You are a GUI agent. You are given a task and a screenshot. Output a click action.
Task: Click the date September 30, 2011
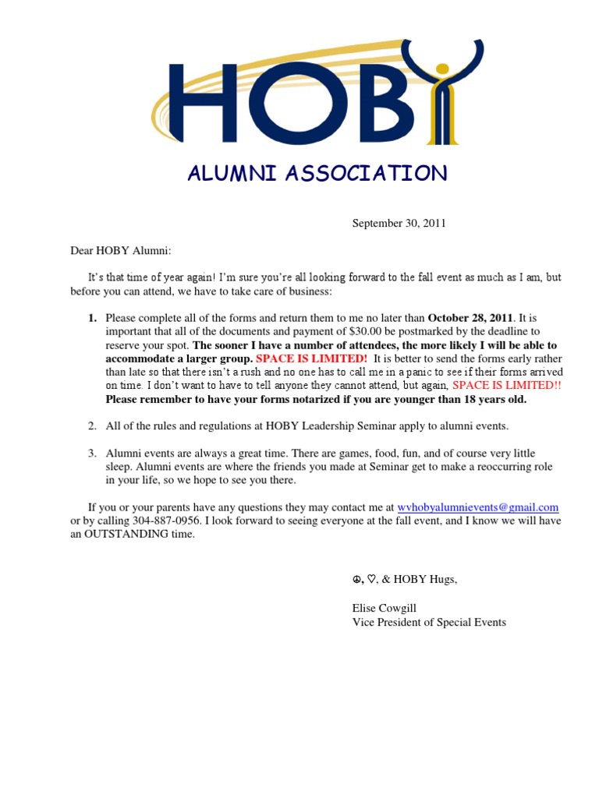(399, 223)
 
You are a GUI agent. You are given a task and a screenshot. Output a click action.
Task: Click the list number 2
(91, 425)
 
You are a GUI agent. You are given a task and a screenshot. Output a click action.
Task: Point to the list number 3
(91, 454)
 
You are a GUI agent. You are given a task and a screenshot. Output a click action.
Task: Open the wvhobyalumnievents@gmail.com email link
(477, 507)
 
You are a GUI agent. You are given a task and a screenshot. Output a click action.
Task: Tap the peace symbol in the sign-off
(356, 579)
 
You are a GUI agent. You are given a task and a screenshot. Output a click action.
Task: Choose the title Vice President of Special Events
(429, 622)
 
